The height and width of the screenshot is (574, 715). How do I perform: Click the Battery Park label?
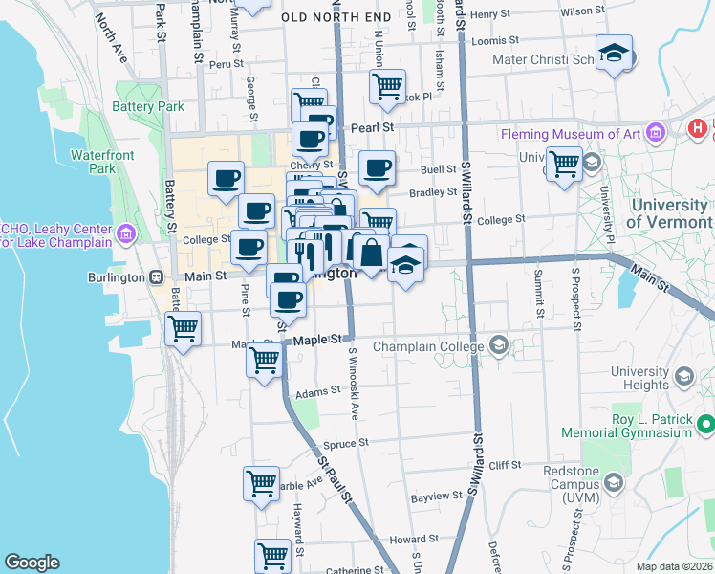click(148, 106)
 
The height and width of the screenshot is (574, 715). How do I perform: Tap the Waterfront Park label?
click(102, 162)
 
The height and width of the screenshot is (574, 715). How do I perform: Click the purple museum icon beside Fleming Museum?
click(655, 132)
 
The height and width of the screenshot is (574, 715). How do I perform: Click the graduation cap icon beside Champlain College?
click(498, 344)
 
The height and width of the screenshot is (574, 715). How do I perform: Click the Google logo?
click(32, 563)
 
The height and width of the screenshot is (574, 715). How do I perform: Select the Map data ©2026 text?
click(674, 566)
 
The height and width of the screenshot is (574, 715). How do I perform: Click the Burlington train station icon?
click(155, 276)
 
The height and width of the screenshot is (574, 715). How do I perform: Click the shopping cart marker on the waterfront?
click(183, 329)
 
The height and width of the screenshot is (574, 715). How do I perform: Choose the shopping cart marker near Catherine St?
click(273, 555)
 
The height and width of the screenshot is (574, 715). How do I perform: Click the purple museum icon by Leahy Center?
click(125, 233)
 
